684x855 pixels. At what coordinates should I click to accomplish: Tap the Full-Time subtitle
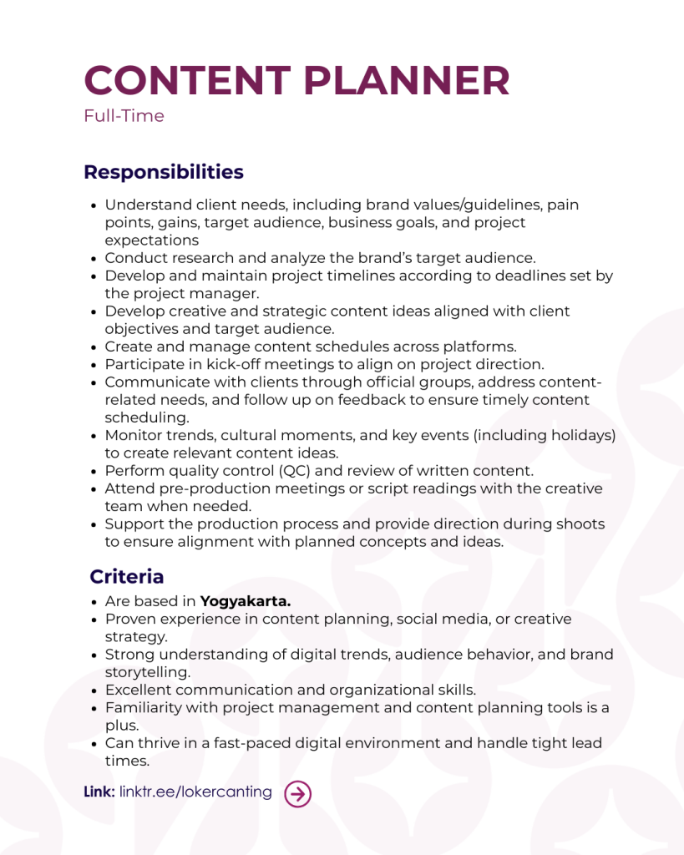pyautogui.click(x=124, y=116)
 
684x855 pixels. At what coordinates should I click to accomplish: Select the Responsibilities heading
pyautogui.click(x=164, y=172)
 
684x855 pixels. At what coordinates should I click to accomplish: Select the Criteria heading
pyautogui.click(x=127, y=577)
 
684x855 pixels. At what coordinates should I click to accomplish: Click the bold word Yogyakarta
pyautogui.click(x=246, y=601)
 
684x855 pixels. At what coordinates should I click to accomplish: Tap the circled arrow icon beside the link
pyautogui.click(x=297, y=794)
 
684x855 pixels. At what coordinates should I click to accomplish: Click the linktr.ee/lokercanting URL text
pyautogui.click(x=195, y=792)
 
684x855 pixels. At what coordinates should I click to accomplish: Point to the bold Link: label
pyautogui.click(x=99, y=792)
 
